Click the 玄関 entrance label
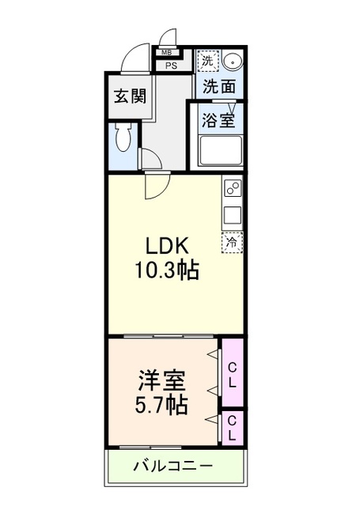tap(130, 96)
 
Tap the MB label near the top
tap(166, 52)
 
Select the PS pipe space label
tap(172, 66)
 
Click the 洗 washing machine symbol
tap(207, 61)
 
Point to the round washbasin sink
tap(233, 62)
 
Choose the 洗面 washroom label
tap(219, 86)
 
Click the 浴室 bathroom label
tap(218, 120)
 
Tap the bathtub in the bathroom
tap(221, 151)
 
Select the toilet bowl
tap(124, 138)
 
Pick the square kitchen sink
tap(233, 215)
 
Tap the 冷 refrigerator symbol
tap(232, 242)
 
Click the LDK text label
tap(167, 246)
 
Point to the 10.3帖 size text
tap(166, 270)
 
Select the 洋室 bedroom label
tap(161, 381)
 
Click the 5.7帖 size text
tap(161, 406)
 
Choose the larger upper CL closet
tap(233, 372)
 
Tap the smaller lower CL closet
tap(233, 428)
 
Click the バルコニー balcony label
tap(174, 466)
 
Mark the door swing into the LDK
tap(157, 186)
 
